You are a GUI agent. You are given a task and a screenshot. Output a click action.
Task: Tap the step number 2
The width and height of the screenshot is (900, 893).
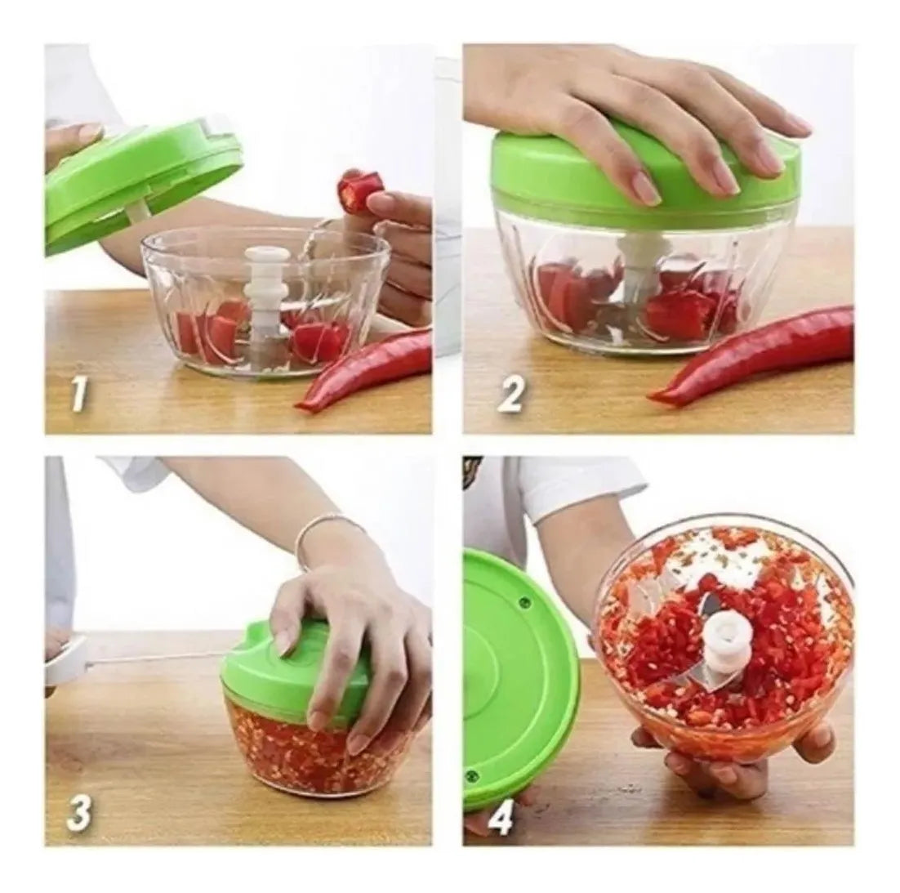[510, 394]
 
